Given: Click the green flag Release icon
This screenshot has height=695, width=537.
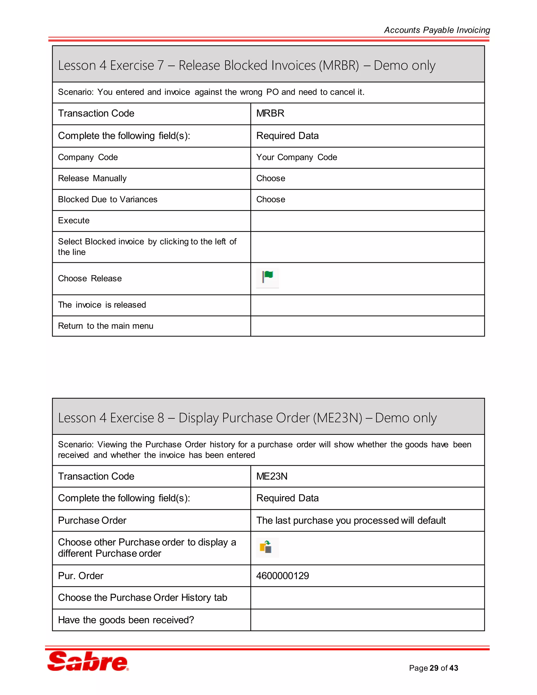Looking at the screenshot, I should [267, 278].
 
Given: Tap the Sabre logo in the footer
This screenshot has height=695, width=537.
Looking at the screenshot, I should [88, 661].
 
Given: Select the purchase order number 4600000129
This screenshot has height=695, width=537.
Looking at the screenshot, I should [282, 576].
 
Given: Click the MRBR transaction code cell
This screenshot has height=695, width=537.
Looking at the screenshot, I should [270, 113].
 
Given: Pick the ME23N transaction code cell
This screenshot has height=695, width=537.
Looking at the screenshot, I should [272, 476].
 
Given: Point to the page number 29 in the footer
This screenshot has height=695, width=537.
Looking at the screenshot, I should [434, 668].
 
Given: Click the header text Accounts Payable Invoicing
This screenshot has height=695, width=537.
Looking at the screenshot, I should [437, 30].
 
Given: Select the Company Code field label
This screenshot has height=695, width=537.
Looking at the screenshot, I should [88, 157].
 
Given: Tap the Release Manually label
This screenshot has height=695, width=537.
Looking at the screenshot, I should [92, 178].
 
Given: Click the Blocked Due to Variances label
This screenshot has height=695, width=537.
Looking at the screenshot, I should [108, 199].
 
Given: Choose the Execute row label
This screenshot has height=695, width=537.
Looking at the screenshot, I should [74, 221].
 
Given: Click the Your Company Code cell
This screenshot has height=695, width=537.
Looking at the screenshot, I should [297, 157].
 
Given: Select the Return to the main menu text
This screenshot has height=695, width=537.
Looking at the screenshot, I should [106, 326].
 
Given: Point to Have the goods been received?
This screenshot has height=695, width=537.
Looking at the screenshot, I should [126, 620].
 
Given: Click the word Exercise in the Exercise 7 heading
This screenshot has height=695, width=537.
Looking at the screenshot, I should [132, 66].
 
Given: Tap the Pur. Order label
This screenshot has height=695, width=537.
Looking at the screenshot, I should [81, 576].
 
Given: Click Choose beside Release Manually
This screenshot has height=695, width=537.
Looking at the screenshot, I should [271, 178].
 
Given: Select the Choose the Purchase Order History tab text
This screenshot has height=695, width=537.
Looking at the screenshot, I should [143, 598].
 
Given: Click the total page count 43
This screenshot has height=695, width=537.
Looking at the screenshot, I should [454, 668].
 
